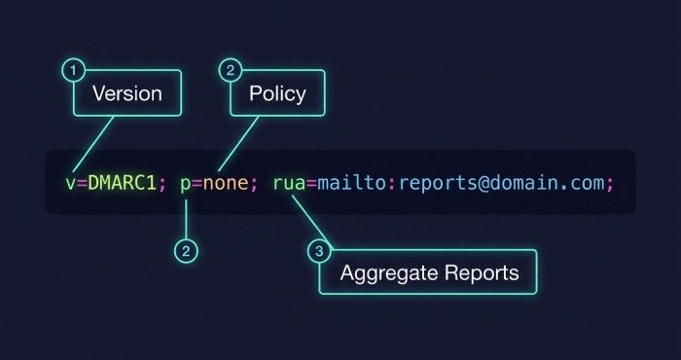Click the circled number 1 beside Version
[74, 70]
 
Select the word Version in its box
[127, 93]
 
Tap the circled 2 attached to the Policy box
[231, 70]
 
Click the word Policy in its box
[277, 94]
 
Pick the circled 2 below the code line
[186, 251]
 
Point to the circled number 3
[319, 251]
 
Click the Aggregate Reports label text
[430, 273]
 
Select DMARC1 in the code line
[122, 184]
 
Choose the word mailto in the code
[351, 184]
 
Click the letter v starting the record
[70, 185]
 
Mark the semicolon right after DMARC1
[162, 186]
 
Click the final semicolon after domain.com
[609, 186]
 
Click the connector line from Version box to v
[93, 144]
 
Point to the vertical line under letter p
[186, 220]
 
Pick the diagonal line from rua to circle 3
[312, 222]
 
